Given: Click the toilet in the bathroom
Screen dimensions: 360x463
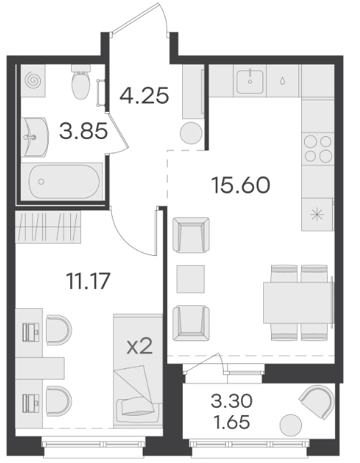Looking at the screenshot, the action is point(80,82).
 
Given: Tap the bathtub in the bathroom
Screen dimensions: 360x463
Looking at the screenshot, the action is point(65,181).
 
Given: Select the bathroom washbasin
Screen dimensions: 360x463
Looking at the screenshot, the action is point(34,137).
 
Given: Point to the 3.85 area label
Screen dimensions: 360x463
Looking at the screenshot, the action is point(83,131).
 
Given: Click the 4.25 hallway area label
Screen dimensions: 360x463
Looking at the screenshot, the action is point(144,95).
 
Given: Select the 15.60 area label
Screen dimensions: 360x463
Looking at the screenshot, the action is point(241,185).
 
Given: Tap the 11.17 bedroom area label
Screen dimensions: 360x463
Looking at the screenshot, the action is point(88,281).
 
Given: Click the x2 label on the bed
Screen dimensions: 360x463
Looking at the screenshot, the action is point(140,346).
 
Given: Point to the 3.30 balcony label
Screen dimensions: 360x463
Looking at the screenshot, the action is point(232,401).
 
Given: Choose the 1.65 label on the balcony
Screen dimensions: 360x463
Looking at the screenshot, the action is point(232,422).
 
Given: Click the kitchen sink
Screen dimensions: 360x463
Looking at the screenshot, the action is point(250,81).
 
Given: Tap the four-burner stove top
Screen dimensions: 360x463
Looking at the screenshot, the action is point(318,148).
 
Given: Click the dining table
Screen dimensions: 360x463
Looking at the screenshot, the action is point(298,302).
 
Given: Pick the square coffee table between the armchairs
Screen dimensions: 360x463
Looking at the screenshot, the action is point(191,279).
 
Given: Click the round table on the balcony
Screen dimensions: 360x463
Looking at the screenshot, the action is point(291,425).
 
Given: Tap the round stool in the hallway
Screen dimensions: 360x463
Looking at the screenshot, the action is point(191,133).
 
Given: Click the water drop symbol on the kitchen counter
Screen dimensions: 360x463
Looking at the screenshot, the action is point(283,80).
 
